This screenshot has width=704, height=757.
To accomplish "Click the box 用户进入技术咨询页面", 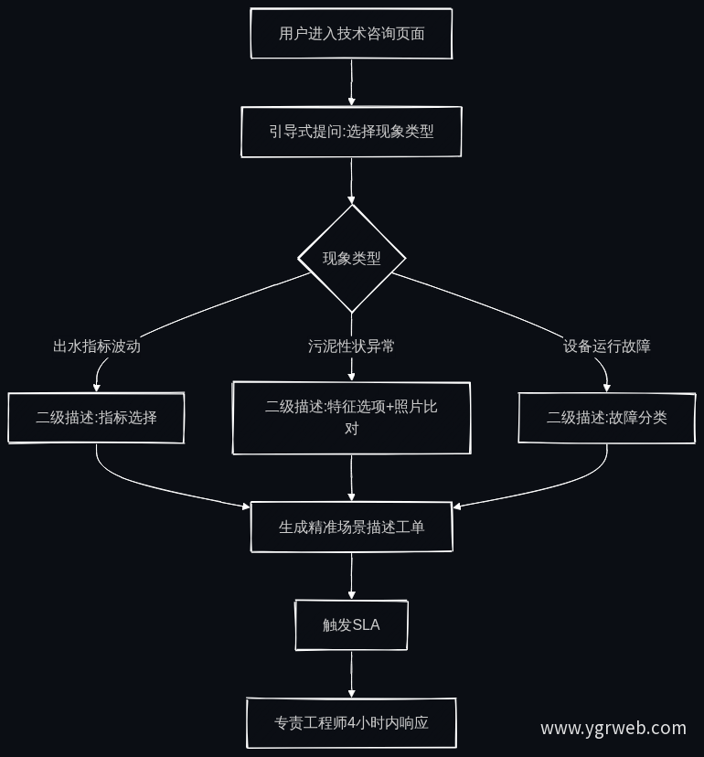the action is tap(351, 33).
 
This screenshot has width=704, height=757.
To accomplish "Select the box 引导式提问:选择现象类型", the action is tap(351, 132).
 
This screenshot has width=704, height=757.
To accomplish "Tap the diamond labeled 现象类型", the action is tap(351, 259).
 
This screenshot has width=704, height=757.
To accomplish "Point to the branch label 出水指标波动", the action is tap(97, 347).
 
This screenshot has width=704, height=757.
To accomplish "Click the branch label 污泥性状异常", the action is tap(351, 347).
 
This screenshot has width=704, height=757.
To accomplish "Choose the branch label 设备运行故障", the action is tap(607, 347).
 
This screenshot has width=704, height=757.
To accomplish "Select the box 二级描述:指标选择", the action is tap(96, 418).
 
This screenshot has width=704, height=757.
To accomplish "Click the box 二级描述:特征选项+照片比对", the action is tap(351, 418).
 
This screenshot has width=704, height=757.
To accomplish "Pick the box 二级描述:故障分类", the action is tap(607, 418).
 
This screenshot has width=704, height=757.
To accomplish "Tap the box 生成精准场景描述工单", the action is tap(351, 527).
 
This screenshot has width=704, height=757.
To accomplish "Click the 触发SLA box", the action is tap(351, 625).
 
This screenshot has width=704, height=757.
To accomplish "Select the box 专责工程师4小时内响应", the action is tap(351, 723).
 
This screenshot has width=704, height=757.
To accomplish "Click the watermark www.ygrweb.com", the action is tap(613, 728).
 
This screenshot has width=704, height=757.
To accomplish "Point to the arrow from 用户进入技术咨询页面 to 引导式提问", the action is tap(351, 82).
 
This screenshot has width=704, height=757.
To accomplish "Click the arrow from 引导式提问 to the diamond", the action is tap(351, 181).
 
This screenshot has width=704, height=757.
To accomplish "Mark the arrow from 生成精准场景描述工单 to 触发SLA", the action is tap(351, 576).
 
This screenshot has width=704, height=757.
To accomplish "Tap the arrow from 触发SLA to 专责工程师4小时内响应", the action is tap(351, 675).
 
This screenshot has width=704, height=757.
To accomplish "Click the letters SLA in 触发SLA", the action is tap(367, 625).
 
